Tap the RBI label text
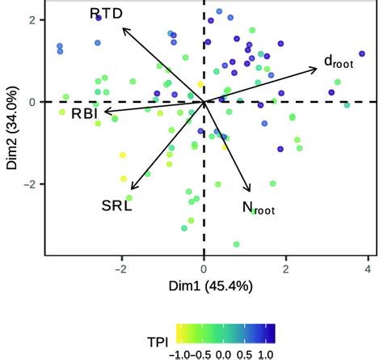[83, 113]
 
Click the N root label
[258, 208]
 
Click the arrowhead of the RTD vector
[123, 28]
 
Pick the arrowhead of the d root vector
[317, 68]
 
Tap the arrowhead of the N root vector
[250, 190]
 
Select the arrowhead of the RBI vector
[95, 111]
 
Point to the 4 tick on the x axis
[368, 269]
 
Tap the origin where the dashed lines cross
[204, 102]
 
